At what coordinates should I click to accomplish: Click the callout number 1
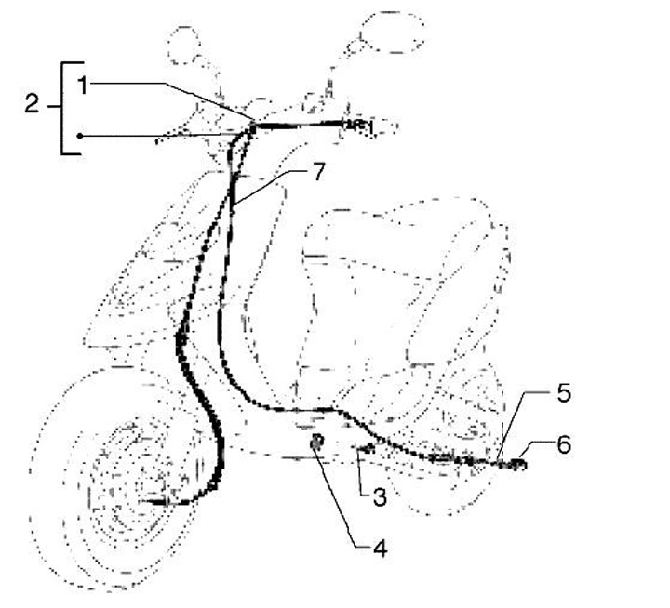tap(83, 86)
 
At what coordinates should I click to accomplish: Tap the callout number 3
tap(379, 497)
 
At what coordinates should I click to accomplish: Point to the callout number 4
tap(379, 549)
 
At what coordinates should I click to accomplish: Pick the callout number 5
tap(564, 393)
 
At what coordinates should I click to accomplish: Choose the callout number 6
tap(564, 444)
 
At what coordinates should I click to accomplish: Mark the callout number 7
tap(317, 173)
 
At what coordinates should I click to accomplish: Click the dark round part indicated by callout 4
tap(316, 442)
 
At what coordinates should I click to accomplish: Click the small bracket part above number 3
tap(366, 450)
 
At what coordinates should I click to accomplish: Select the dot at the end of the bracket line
tap(81, 136)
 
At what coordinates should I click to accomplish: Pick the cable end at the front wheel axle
tap(154, 503)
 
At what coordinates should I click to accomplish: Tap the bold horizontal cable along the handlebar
tap(298, 125)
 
